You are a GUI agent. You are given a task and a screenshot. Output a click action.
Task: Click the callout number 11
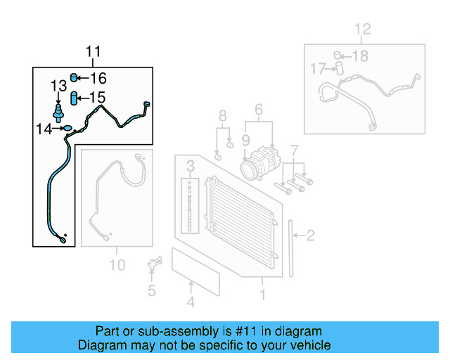click(x=94, y=51)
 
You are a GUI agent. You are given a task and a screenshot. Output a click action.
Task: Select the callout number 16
click(x=98, y=78)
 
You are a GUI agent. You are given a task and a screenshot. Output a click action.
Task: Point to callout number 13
click(x=58, y=86)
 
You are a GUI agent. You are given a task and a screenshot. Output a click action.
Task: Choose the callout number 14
click(x=44, y=128)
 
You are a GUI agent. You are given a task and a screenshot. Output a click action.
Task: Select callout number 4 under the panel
click(x=191, y=303)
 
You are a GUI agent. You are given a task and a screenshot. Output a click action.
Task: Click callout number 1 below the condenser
click(x=263, y=296)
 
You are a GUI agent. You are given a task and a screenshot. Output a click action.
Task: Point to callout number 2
click(x=310, y=236)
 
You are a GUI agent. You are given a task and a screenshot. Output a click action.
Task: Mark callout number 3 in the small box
click(x=190, y=167)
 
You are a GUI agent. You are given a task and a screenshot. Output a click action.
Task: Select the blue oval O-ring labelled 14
click(x=67, y=128)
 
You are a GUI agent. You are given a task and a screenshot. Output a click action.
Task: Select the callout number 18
click(x=360, y=56)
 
